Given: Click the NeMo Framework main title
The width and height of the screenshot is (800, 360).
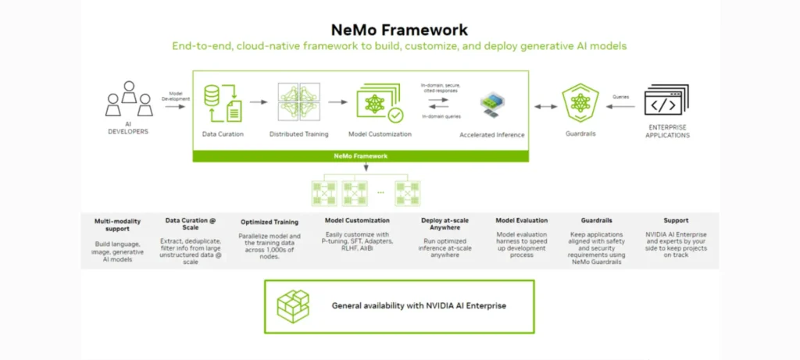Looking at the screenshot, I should [399, 30].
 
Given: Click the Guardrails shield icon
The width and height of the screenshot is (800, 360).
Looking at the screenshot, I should [579, 102].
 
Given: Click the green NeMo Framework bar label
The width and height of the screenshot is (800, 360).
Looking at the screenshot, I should [360, 156].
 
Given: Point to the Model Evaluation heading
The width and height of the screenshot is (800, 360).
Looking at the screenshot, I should [522, 220].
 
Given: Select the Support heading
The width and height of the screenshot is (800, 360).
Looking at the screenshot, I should [676, 220].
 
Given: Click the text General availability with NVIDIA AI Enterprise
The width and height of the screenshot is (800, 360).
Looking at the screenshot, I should [419, 305].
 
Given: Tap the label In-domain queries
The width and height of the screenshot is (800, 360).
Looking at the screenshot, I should [440, 116].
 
